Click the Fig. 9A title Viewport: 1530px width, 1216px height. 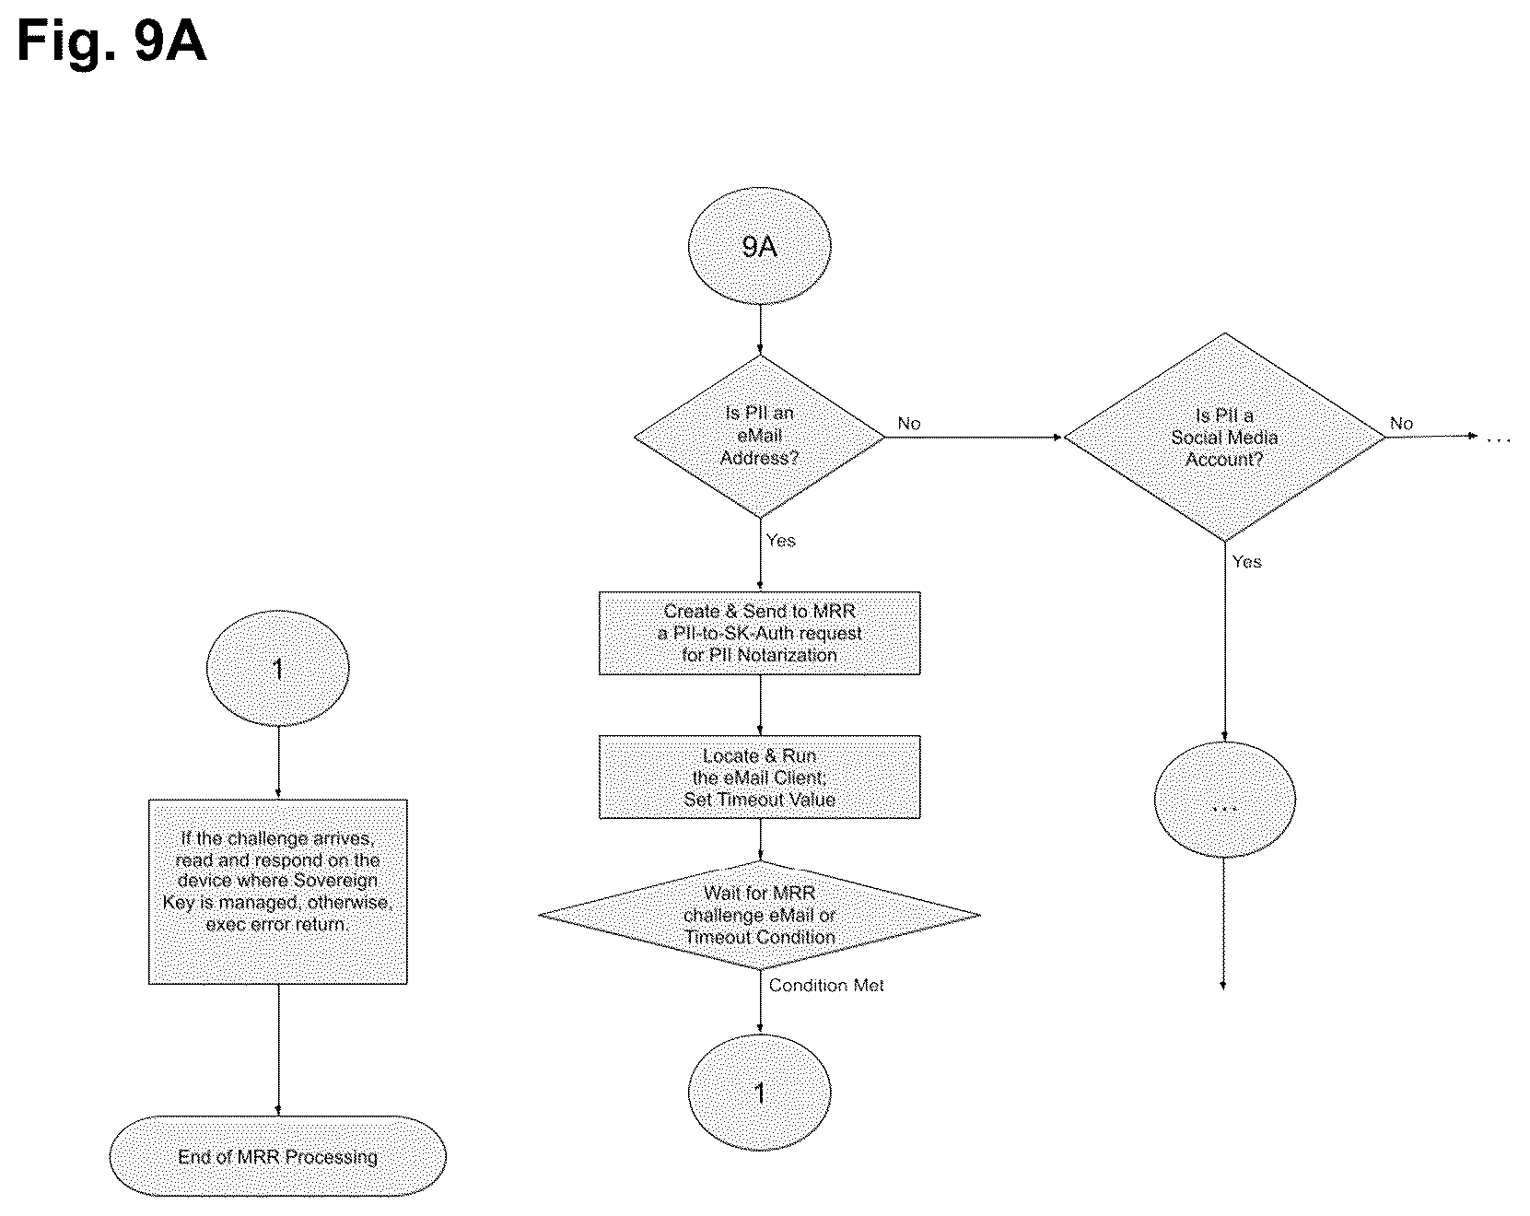tap(111, 41)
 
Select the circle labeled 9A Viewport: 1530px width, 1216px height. tap(759, 247)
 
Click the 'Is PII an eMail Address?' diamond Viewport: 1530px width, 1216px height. tap(759, 437)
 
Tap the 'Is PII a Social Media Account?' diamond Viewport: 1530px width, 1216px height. tap(1224, 437)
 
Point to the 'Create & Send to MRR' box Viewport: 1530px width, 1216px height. tap(759, 633)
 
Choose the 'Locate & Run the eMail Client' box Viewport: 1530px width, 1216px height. tap(759, 777)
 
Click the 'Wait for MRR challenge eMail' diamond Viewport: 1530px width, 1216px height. tap(759, 915)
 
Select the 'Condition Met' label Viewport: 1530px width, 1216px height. tap(826, 986)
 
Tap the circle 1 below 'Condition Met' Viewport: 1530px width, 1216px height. tap(759, 1093)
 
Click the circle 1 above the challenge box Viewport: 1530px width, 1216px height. tap(278, 669)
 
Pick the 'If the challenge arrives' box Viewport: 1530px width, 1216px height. tap(278, 892)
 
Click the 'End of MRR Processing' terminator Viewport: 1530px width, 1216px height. tap(278, 1156)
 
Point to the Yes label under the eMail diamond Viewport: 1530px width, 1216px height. tap(780, 541)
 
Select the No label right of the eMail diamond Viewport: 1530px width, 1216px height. tap(909, 424)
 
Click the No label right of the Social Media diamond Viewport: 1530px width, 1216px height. tap(1401, 424)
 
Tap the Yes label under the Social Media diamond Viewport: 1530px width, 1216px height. tap(1246, 562)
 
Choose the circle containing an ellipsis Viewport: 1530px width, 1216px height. tap(1224, 799)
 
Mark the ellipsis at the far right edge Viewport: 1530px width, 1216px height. tap(1499, 440)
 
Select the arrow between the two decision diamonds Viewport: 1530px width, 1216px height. tap(975, 437)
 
